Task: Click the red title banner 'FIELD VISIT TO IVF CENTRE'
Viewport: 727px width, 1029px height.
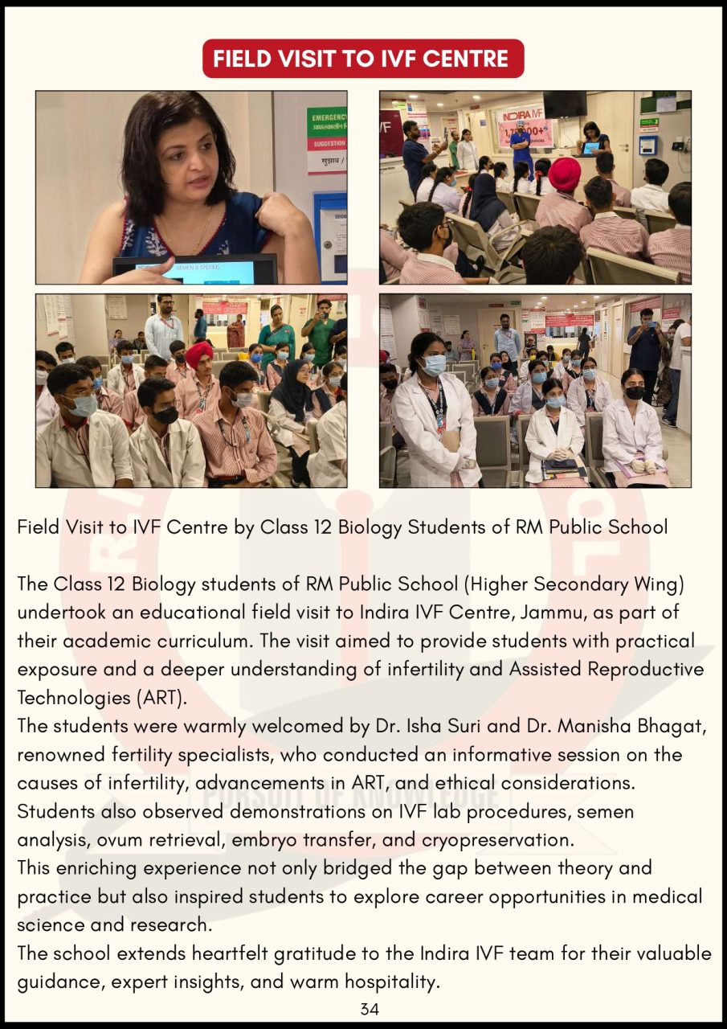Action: pyautogui.click(x=363, y=59)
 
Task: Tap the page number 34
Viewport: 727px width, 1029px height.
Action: pyautogui.click(x=370, y=1009)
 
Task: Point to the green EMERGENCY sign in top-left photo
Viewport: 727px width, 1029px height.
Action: pyautogui.click(x=328, y=122)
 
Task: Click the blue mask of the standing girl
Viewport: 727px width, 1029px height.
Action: pyautogui.click(x=434, y=364)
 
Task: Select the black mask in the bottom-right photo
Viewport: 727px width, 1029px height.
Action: pyautogui.click(x=635, y=392)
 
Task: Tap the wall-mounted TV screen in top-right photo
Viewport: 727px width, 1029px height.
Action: pyautogui.click(x=565, y=103)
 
